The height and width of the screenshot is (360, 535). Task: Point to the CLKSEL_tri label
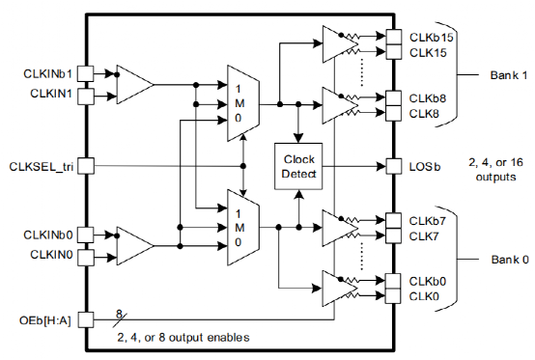pos(40,165)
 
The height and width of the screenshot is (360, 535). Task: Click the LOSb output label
pos(423,165)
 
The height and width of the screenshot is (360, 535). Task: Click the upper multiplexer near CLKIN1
pos(240,97)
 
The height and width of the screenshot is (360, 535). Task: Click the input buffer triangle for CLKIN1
pos(132,84)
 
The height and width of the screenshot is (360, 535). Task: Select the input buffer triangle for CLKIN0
pos(132,244)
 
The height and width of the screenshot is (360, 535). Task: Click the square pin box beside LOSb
pos(392,165)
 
